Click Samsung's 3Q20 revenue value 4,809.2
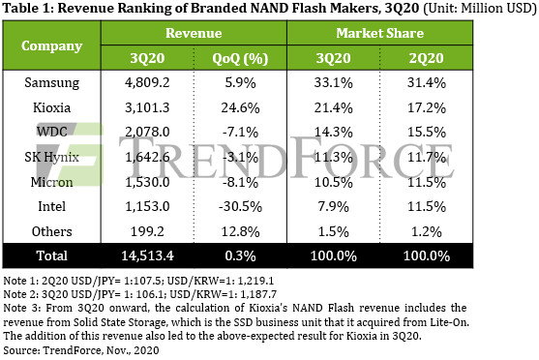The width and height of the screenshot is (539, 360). click(x=147, y=83)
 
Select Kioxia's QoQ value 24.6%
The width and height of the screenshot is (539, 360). click(x=240, y=108)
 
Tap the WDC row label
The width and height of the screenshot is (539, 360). click(x=52, y=132)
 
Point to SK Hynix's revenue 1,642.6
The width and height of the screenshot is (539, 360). click(x=147, y=157)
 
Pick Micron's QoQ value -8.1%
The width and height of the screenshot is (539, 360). click(x=240, y=182)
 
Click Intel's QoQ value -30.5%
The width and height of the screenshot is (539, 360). click(x=240, y=207)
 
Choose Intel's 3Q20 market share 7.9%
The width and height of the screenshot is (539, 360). click(x=334, y=207)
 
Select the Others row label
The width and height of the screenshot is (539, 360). click(x=52, y=231)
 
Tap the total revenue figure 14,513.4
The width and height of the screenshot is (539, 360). click(x=147, y=255)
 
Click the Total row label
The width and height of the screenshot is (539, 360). click(x=52, y=255)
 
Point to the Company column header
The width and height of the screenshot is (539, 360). click(x=52, y=45)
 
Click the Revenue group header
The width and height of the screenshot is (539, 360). click(x=194, y=33)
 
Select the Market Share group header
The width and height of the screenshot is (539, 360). click(x=380, y=33)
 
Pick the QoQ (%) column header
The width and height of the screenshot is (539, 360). click(x=240, y=58)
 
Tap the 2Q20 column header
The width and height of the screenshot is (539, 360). click(x=426, y=58)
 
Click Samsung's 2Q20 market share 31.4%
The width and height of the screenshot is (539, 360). click(x=427, y=83)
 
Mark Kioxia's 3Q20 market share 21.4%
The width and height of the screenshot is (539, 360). click(x=334, y=108)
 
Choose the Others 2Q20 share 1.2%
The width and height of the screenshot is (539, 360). click(x=427, y=231)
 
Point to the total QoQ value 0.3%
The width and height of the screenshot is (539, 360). click(x=240, y=255)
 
